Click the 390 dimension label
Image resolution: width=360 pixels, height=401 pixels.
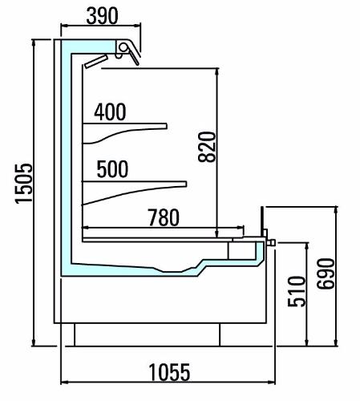click(102, 16)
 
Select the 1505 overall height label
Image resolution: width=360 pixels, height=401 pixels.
click(23, 184)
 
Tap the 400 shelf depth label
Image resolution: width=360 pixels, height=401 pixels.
click(110, 111)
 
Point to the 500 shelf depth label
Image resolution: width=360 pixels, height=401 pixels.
click(112, 169)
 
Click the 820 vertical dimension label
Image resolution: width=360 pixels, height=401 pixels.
click(207, 147)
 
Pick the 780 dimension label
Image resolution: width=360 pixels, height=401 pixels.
click(164, 217)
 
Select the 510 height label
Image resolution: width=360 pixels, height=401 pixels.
click(297, 291)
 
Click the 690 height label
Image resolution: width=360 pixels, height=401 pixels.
click(326, 273)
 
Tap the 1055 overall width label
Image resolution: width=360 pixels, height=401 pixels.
click(169, 372)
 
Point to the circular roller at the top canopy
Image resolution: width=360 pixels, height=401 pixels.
click(123, 47)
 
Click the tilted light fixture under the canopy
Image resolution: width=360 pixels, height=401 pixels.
click(96, 61)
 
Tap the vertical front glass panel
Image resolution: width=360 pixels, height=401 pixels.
click(262, 221)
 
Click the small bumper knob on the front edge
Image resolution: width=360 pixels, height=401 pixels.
click(272, 242)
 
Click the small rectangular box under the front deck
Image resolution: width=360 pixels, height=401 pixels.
click(242, 251)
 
